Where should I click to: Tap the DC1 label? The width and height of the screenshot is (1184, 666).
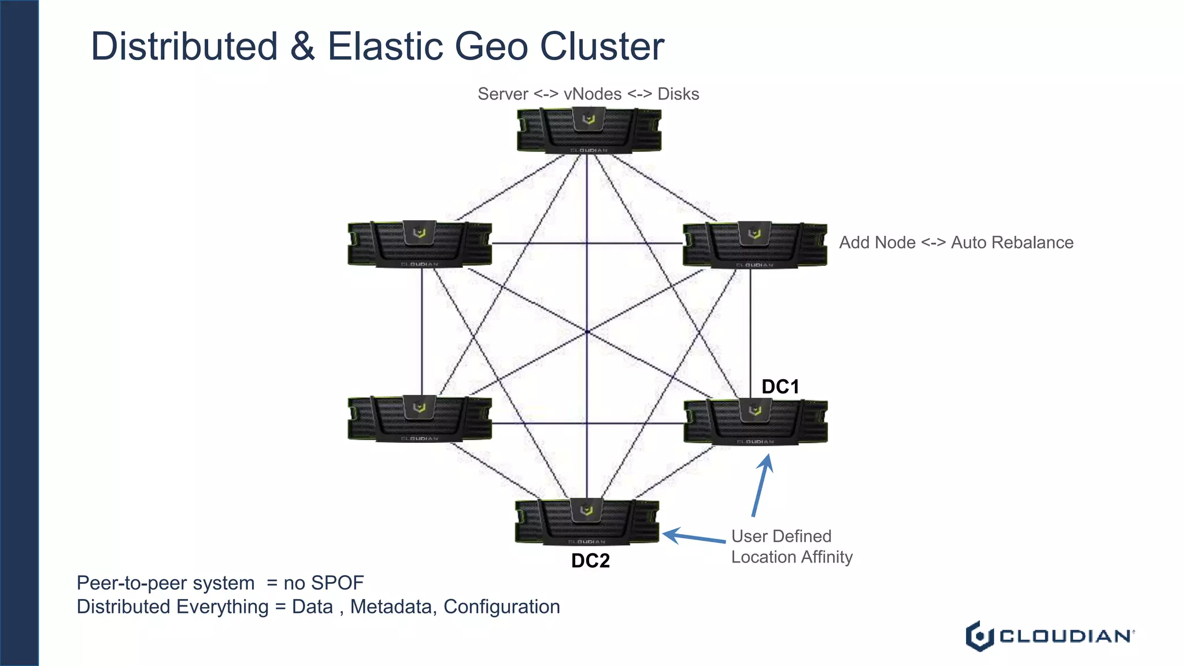(780, 387)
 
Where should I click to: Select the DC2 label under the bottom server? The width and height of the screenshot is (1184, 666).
(590, 561)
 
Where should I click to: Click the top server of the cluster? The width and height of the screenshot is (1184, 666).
(589, 131)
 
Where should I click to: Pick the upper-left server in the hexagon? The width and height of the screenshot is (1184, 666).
(420, 244)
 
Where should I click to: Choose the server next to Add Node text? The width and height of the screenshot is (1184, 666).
(754, 245)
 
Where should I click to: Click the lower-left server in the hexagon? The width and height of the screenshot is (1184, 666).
(420, 419)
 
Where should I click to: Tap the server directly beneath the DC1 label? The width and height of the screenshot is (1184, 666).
(755, 422)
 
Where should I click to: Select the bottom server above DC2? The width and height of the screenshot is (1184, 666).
(587, 522)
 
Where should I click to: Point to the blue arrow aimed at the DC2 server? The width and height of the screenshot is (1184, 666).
(693, 537)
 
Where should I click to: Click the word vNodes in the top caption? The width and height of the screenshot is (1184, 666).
(593, 94)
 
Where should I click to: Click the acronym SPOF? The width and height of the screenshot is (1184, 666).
(337, 583)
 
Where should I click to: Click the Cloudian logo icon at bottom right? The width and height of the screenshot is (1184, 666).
(979, 636)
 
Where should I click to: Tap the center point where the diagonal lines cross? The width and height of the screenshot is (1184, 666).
(587, 332)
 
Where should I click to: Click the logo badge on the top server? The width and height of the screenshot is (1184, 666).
(589, 119)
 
